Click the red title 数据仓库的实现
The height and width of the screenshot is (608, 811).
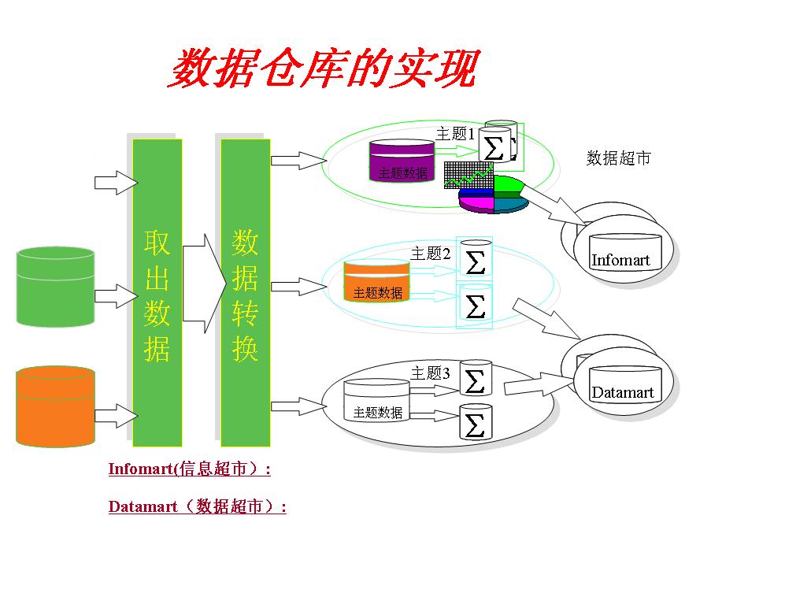tap(324, 69)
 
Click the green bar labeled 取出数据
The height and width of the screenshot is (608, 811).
tap(157, 292)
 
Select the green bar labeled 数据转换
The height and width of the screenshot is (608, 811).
tap(245, 292)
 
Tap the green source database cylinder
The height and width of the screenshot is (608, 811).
tap(55, 287)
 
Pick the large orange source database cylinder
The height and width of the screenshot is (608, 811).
tap(55, 406)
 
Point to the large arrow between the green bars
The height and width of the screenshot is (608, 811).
tap(204, 284)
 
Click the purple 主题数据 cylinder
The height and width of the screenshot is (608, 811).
tap(402, 161)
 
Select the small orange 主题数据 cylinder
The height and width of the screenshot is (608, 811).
tap(376, 281)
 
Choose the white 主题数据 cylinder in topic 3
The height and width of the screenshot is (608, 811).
tap(376, 401)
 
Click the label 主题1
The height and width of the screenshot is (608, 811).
tap(455, 134)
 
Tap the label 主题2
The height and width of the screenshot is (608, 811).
tap(431, 253)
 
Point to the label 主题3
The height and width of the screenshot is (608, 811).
tap(431, 373)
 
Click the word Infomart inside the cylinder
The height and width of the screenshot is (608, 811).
tap(620, 260)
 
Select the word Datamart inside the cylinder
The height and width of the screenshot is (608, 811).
tap(623, 392)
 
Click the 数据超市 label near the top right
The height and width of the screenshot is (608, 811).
tap(618, 158)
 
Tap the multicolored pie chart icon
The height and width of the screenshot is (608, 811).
tap(494, 195)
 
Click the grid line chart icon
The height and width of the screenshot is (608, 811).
tap(468, 175)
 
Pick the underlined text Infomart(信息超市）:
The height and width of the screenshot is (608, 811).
tap(189, 469)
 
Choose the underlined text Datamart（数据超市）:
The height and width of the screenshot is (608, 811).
tap(197, 506)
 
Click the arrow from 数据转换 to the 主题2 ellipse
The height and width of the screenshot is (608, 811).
tap(298, 287)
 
